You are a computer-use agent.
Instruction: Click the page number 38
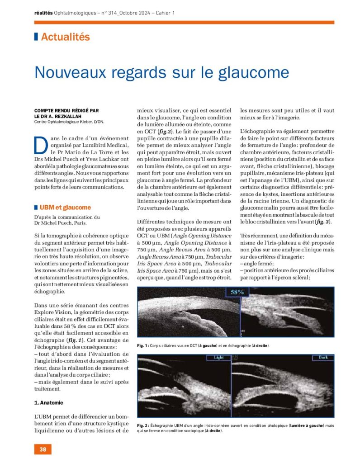point(43,449)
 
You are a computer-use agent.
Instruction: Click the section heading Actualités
point(65,38)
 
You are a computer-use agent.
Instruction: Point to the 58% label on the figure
point(237,292)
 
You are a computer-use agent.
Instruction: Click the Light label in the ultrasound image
point(219,358)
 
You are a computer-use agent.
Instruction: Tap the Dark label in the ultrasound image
point(322,358)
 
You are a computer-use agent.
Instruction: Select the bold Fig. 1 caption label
point(143,346)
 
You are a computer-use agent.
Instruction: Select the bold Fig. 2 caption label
point(144,426)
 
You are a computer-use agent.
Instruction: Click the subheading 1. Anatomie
point(49,402)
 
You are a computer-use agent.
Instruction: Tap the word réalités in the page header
point(43,13)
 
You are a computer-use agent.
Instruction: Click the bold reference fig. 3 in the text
point(323,222)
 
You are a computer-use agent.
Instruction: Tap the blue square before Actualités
point(36,38)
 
